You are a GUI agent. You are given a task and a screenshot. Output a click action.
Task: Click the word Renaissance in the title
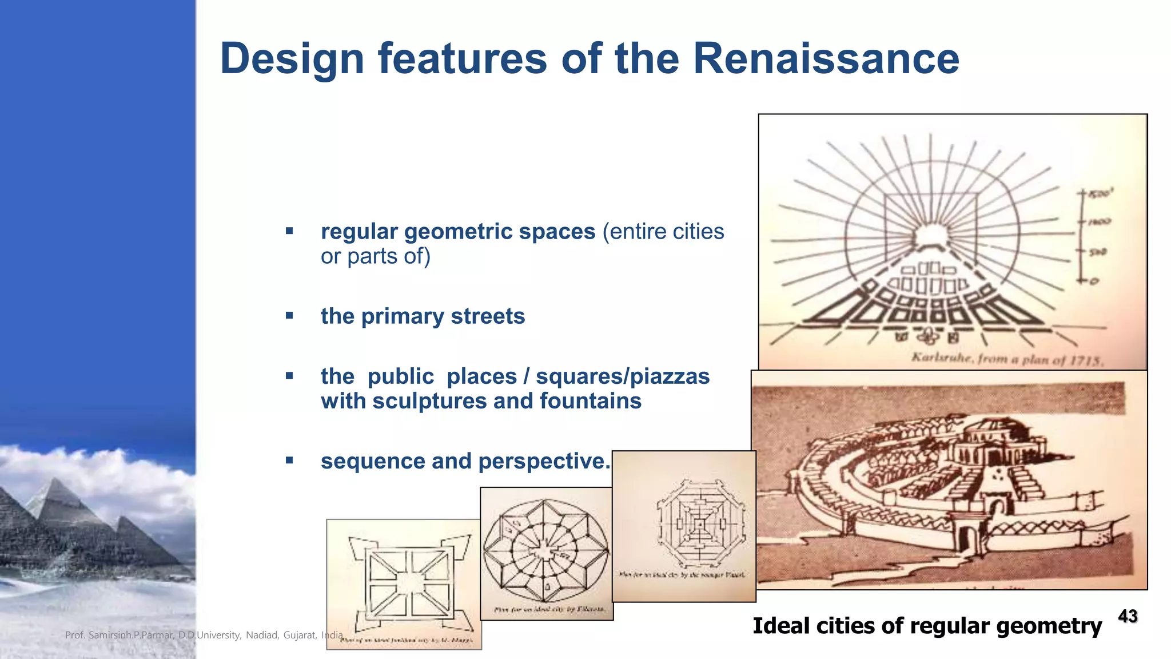click(826, 58)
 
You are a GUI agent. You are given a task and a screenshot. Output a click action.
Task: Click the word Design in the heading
click(292, 59)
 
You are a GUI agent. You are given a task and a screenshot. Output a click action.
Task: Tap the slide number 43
click(1128, 616)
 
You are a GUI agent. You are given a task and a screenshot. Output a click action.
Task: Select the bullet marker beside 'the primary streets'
click(289, 315)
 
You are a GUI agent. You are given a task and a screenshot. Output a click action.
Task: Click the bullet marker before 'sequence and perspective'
click(289, 460)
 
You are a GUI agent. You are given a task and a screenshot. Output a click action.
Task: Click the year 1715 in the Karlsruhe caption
click(1085, 360)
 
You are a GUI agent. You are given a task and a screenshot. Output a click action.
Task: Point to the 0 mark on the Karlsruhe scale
click(1094, 281)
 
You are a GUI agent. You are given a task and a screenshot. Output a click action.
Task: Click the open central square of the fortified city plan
click(408, 583)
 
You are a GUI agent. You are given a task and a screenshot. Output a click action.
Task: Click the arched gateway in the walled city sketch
click(966, 538)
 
